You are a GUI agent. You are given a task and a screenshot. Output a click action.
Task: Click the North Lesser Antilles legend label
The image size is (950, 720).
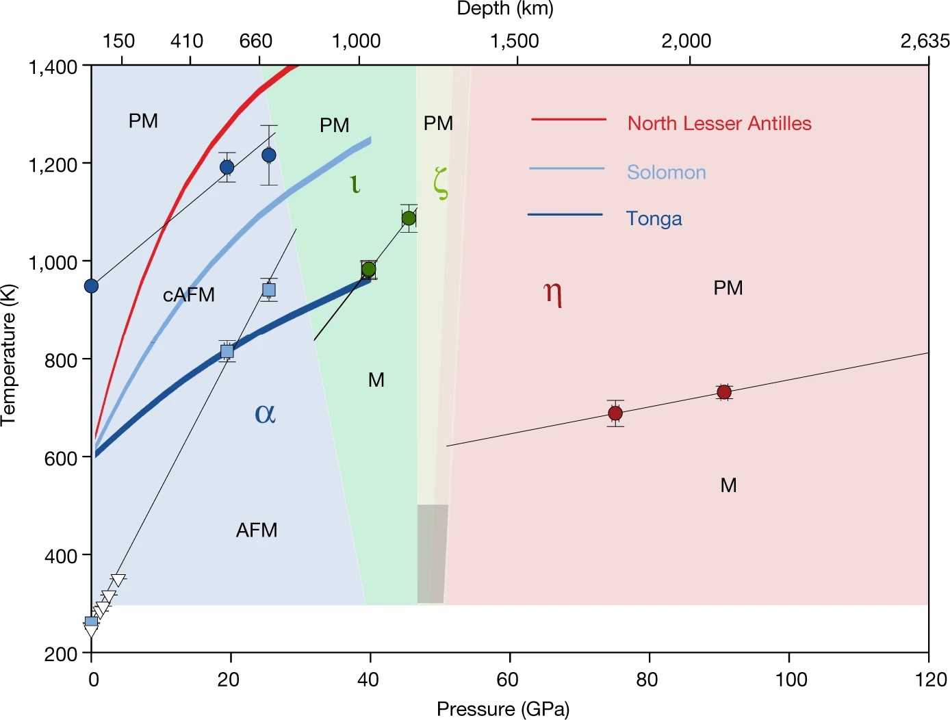[719, 123]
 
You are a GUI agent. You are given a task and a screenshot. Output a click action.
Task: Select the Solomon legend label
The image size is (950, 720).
[666, 172]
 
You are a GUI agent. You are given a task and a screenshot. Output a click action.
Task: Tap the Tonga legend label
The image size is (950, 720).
[654, 218]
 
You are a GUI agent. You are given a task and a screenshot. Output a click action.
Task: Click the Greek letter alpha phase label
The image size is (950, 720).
[265, 413]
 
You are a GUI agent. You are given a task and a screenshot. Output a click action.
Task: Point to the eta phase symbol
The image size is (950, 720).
[553, 293]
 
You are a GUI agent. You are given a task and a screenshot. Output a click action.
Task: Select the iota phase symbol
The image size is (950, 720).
[355, 183]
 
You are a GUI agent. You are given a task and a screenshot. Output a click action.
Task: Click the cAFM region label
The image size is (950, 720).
[189, 294]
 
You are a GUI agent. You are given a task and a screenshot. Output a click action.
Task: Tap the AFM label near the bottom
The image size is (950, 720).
[257, 530]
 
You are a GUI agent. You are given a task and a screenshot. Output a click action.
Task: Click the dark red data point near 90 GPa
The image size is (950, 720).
[724, 392]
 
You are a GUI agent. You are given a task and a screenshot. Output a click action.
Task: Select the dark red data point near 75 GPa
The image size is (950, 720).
[615, 413]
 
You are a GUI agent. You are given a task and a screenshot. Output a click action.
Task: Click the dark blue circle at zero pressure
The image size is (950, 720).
[91, 285]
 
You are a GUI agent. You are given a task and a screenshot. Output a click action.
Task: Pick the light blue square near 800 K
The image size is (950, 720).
[227, 352]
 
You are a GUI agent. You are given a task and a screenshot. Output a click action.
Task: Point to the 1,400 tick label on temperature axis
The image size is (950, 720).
[53, 67]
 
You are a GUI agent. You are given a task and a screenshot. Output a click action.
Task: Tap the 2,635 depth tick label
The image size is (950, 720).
[925, 41]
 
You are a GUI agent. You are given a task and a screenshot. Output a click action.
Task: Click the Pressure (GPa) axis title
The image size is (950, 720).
[503, 709]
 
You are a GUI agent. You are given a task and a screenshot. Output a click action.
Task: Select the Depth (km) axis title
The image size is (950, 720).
[505, 9]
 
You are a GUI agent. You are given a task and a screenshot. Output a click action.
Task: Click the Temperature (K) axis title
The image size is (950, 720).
[9, 355]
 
